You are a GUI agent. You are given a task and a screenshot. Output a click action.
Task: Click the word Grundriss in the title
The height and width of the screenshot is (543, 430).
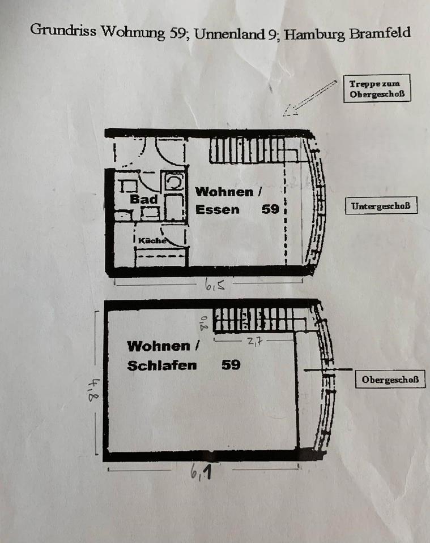click(x=63, y=31)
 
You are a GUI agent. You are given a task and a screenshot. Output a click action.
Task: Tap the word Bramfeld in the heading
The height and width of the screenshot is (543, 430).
click(x=380, y=33)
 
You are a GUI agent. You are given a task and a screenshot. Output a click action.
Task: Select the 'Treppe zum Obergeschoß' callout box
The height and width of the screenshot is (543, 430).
click(x=377, y=88)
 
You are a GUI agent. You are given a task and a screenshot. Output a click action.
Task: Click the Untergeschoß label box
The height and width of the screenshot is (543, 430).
click(x=381, y=206)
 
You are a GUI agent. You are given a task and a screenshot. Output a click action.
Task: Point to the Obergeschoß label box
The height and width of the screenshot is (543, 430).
click(x=390, y=379)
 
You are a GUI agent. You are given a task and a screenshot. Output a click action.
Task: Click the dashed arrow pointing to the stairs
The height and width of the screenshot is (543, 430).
click(x=310, y=98)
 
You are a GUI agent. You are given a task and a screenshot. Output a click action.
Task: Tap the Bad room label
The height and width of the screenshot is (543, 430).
click(x=143, y=199)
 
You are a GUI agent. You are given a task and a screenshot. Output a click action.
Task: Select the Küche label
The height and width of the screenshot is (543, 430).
click(x=152, y=240)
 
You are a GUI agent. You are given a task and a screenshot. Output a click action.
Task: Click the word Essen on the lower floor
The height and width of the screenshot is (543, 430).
click(x=218, y=209)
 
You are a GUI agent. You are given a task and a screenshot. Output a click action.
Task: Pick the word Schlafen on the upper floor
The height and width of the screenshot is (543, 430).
click(x=162, y=366)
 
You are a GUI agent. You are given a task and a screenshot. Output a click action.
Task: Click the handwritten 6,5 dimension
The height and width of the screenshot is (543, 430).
click(x=215, y=285)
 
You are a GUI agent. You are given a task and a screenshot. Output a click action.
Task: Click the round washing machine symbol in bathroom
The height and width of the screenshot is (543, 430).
click(x=174, y=182)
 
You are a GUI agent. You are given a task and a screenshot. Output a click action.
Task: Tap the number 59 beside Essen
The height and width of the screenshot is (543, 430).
click(x=270, y=209)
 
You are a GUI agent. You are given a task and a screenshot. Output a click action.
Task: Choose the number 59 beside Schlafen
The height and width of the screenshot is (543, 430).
click(x=231, y=365)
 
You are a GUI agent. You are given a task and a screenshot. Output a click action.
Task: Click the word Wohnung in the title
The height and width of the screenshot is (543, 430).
click(x=133, y=32)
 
